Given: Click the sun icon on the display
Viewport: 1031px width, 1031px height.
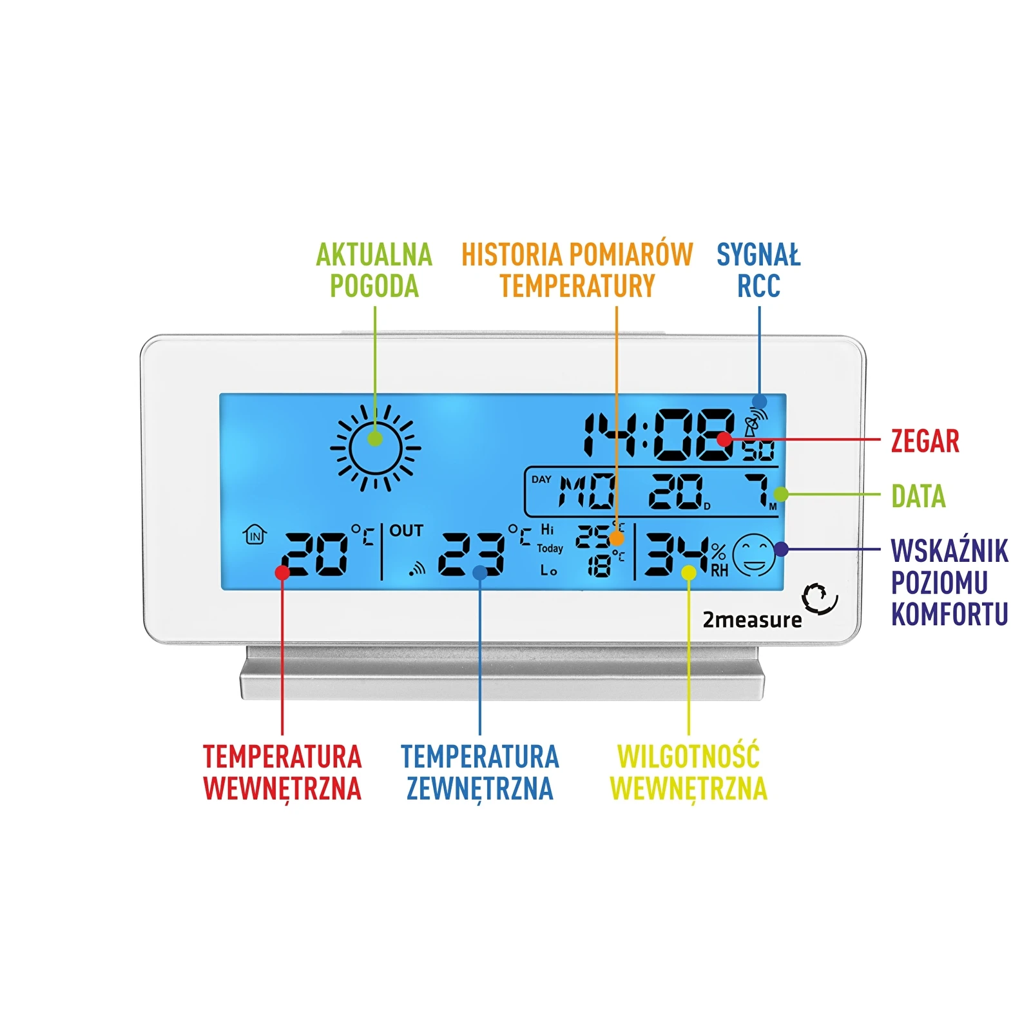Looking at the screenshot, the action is point(375,447).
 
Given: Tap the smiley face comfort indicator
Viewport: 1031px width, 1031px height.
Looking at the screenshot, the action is point(753,555).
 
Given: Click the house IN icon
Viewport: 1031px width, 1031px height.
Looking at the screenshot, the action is point(255,534).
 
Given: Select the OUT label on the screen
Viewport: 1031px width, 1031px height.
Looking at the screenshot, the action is point(406,530).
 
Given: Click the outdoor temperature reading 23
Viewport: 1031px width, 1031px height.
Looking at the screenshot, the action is point(472,554).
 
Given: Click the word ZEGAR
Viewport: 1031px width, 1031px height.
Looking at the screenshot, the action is point(925,441).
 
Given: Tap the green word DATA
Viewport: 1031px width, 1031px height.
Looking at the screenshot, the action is point(918,496).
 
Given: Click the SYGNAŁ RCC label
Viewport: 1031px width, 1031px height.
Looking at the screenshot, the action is point(758,271).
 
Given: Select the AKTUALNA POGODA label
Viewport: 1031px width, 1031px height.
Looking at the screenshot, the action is point(374,271).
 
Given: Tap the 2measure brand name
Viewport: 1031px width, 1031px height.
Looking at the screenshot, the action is point(752,620).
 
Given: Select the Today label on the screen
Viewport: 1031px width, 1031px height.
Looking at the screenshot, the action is point(550,548).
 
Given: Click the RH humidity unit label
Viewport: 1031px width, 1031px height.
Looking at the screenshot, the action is point(719,570).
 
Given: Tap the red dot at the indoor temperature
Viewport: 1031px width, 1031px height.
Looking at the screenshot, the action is point(282,572).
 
